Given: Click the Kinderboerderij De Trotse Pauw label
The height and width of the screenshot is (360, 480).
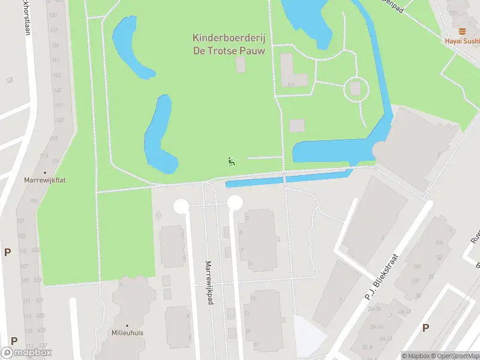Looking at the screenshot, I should (229, 44).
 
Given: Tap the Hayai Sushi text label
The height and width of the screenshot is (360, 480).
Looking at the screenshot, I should (463, 41).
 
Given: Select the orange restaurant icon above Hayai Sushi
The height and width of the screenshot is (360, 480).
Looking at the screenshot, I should (462, 31).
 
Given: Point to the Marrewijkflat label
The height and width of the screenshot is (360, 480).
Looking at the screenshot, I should (44, 179).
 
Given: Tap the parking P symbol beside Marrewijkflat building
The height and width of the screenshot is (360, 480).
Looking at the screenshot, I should (7, 253).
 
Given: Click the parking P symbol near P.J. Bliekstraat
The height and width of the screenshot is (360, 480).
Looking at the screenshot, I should (425, 328).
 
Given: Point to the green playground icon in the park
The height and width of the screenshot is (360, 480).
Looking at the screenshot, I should (231, 161).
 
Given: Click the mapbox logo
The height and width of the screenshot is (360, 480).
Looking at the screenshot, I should (26, 353).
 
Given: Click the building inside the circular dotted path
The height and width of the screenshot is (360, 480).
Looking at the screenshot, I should (355, 89).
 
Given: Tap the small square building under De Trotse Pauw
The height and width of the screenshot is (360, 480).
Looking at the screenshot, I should (241, 65).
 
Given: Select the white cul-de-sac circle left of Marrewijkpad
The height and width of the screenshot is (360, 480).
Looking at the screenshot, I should (181, 206).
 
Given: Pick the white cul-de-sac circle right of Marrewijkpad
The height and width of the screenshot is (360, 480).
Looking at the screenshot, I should (235, 202).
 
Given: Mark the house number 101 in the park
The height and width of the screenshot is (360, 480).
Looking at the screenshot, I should (290, 85).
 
